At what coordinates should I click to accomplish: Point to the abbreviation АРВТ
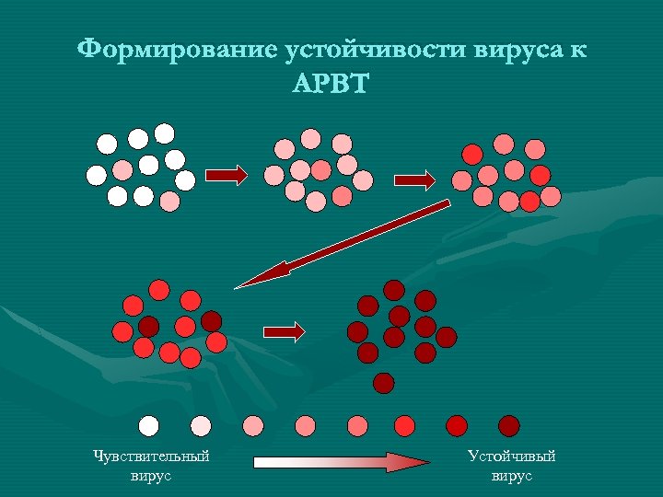(331, 85)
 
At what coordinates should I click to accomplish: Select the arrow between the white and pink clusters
(225, 175)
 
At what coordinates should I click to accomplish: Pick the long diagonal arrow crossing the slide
(345, 243)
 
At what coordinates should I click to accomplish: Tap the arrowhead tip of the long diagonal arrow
(238, 287)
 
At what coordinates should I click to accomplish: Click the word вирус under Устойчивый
(512, 476)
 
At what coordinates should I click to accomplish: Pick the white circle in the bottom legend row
(148, 424)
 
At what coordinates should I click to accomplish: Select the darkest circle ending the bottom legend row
(508, 424)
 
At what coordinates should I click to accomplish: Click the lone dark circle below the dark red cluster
(384, 382)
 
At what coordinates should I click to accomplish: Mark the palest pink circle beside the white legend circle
(200, 424)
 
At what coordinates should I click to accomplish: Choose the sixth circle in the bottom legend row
(404, 424)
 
